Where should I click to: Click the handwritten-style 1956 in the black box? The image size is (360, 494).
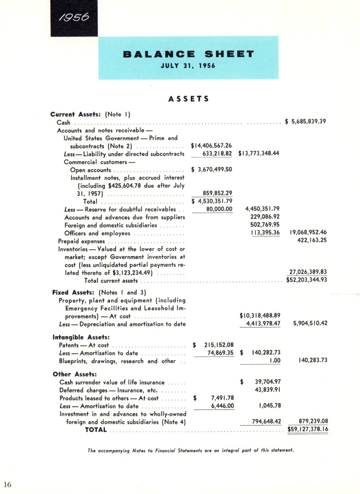pyautogui.click(x=74, y=18)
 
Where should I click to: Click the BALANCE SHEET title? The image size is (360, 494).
pyautogui.click(x=189, y=54)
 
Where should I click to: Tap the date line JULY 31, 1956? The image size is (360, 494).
pyautogui.click(x=188, y=66)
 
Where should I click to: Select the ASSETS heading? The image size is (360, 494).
pyautogui.click(x=189, y=99)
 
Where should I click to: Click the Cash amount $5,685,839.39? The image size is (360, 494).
pyautogui.click(x=306, y=121)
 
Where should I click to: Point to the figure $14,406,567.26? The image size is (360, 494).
pyautogui.click(x=211, y=145)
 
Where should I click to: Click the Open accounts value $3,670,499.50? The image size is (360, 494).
pyautogui.click(x=211, y=170)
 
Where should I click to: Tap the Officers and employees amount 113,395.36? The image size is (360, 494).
pyautogui.click(x=261, y=233)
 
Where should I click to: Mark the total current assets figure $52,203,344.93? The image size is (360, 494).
pyautogui.click(x=306, y=280)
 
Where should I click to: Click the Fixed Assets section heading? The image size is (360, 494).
pyautogui.click(x=71, y=292)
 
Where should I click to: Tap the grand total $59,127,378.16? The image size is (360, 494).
pyautogui.click(x=307, y=429)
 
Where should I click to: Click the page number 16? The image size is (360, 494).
pyautogui.click(x=7, y=484)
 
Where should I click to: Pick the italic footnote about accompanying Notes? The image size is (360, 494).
pyautogui.click(x=191, y=450)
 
